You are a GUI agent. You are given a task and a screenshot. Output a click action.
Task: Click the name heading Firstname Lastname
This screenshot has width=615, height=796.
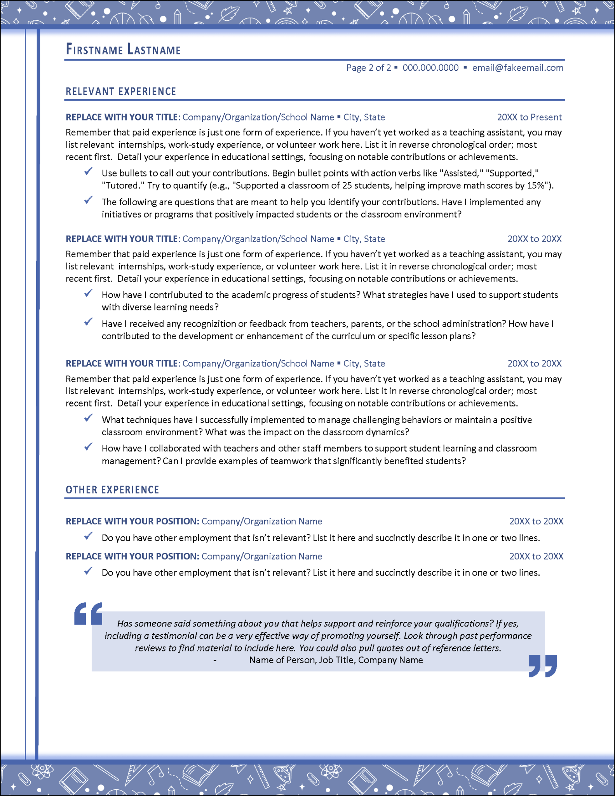123,50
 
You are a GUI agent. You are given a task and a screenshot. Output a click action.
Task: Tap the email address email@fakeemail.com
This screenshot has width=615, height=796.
517,68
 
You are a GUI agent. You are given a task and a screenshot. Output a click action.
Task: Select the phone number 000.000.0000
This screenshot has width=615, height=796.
430,68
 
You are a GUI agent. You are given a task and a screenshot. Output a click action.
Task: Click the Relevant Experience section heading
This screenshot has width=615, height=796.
121,92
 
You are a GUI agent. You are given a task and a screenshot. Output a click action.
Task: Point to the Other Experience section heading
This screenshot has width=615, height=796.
112,490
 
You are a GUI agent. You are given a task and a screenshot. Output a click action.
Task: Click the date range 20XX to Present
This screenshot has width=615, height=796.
529,117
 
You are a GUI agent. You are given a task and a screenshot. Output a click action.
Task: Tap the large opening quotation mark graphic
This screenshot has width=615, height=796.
89,614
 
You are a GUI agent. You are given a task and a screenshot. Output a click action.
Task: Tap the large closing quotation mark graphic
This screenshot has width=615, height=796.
543,666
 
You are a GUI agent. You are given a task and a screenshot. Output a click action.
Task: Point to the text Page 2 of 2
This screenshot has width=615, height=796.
368,68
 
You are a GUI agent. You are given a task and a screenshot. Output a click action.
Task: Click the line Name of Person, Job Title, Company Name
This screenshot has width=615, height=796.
336,660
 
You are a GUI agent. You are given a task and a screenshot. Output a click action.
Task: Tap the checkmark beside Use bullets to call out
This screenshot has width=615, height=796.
89,171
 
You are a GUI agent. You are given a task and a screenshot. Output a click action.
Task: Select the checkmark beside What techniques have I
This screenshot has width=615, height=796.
89,418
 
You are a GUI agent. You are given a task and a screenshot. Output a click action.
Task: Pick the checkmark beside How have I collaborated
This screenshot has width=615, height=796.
89,447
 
